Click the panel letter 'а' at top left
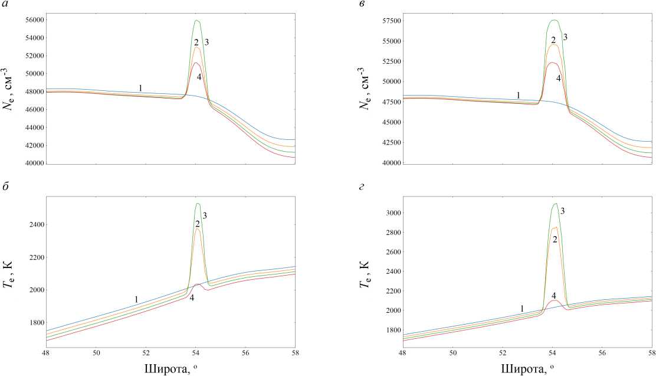point(5,5)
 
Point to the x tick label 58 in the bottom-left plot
point(295,353)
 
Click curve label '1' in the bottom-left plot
point(136,300)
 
